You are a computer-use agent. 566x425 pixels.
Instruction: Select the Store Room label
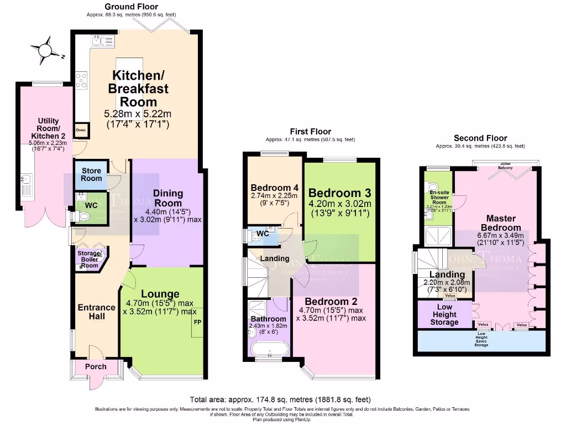92,174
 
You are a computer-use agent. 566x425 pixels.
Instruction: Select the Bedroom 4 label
275,187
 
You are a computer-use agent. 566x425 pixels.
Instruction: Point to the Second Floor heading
480,138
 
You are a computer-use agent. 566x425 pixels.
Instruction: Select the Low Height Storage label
444,314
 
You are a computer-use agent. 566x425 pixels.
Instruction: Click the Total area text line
280,399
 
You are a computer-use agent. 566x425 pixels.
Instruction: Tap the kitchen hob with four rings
81,82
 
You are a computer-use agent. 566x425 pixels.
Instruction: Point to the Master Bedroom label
501,223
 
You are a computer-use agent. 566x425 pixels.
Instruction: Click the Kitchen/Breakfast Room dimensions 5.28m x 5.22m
138,114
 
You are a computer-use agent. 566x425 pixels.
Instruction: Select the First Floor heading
310,131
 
